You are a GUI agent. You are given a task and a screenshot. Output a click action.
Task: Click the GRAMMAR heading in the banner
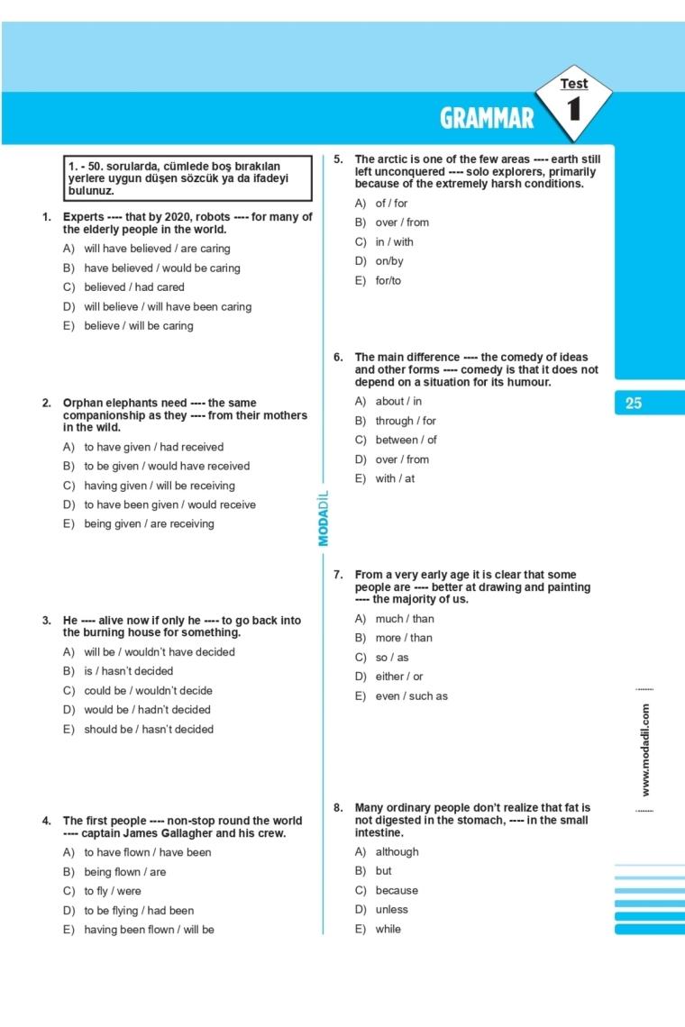487,119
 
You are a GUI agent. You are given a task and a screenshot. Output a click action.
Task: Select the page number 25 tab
634,403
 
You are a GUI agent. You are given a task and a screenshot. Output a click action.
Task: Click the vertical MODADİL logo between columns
324,517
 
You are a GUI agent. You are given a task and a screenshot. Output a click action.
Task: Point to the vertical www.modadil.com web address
645,750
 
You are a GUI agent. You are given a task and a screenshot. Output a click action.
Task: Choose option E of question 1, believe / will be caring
139,326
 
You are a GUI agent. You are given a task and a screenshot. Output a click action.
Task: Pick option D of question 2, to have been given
169,504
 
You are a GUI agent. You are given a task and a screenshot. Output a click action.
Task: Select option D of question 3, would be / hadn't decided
147,710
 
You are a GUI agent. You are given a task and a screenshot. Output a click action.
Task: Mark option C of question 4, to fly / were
113,891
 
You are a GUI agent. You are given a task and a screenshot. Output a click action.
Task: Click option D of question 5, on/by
389,261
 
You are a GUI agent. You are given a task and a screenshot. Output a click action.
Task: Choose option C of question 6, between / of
406,440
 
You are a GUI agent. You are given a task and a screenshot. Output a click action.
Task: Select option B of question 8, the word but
383,871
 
